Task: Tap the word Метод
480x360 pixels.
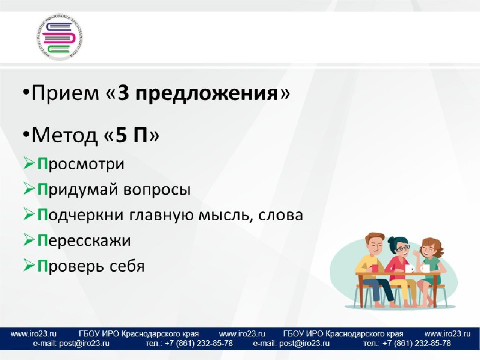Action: click(x=64, y=136)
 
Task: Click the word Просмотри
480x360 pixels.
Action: click(x=81, y=164)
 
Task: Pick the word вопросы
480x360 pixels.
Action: click(x=157, y=190)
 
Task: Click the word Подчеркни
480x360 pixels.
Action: click(x=81, y=215)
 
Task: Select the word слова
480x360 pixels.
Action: click(x=281, y=216)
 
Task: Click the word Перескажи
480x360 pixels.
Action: click(x=84, y=241)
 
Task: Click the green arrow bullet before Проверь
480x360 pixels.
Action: click(x=29, y=265)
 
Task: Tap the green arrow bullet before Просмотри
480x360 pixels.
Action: click(x=29, y=164)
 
